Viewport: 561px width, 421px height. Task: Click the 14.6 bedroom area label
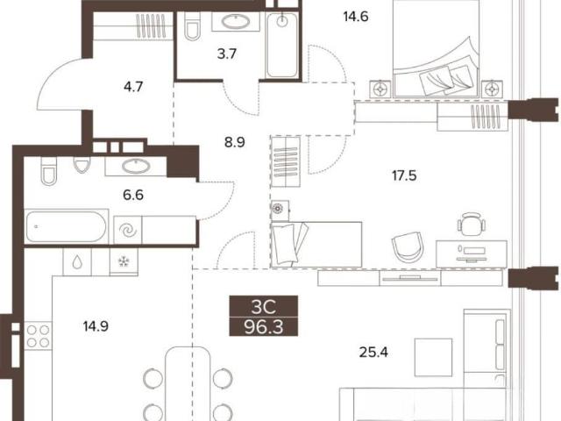pyautogui.click(x=356, y=17)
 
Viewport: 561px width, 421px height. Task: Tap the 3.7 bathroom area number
pyautogui.click(x=227, y=54)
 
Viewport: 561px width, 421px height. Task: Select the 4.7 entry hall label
pyautogui.click(x=133, y=87)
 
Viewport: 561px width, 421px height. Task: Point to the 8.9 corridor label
pyautogui.click(x=235, y=142)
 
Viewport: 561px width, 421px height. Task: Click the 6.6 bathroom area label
pyautogui.click(x=133, y=195)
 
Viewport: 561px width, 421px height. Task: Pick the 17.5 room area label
pyautogui.click(x=404, y=175)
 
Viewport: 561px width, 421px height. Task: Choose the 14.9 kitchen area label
pyautogui.click(x=96, y=326)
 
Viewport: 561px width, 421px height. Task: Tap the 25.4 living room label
pyautogui.click(x=373, y=353)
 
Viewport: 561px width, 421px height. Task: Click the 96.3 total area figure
pyautogui.click(x=264, y=327)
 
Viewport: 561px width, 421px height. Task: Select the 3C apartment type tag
pyautogui.click(x=264, y=306)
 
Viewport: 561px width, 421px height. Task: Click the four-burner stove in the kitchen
pyautogui.click(x=38, y=336)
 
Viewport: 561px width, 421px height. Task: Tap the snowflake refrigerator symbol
pyautogui.click(x=124, y=262)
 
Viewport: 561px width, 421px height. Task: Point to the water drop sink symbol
pyautogui.click(x=77, y=262)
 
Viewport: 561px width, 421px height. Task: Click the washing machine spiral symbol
pyautogui.click(x=128, y=230)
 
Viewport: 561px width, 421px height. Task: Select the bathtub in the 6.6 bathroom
pyautogui.click(x=67, y=226)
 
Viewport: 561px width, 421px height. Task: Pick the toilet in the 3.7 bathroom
pyautogui.click(x=193, y=27)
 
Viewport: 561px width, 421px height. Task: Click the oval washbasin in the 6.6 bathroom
pyautogui.click(x=136, y=166)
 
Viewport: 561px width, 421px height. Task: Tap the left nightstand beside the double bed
pyautogui.click(x=380, y=89)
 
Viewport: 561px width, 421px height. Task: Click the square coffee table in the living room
pyautogui.click(x=433, y=357)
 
